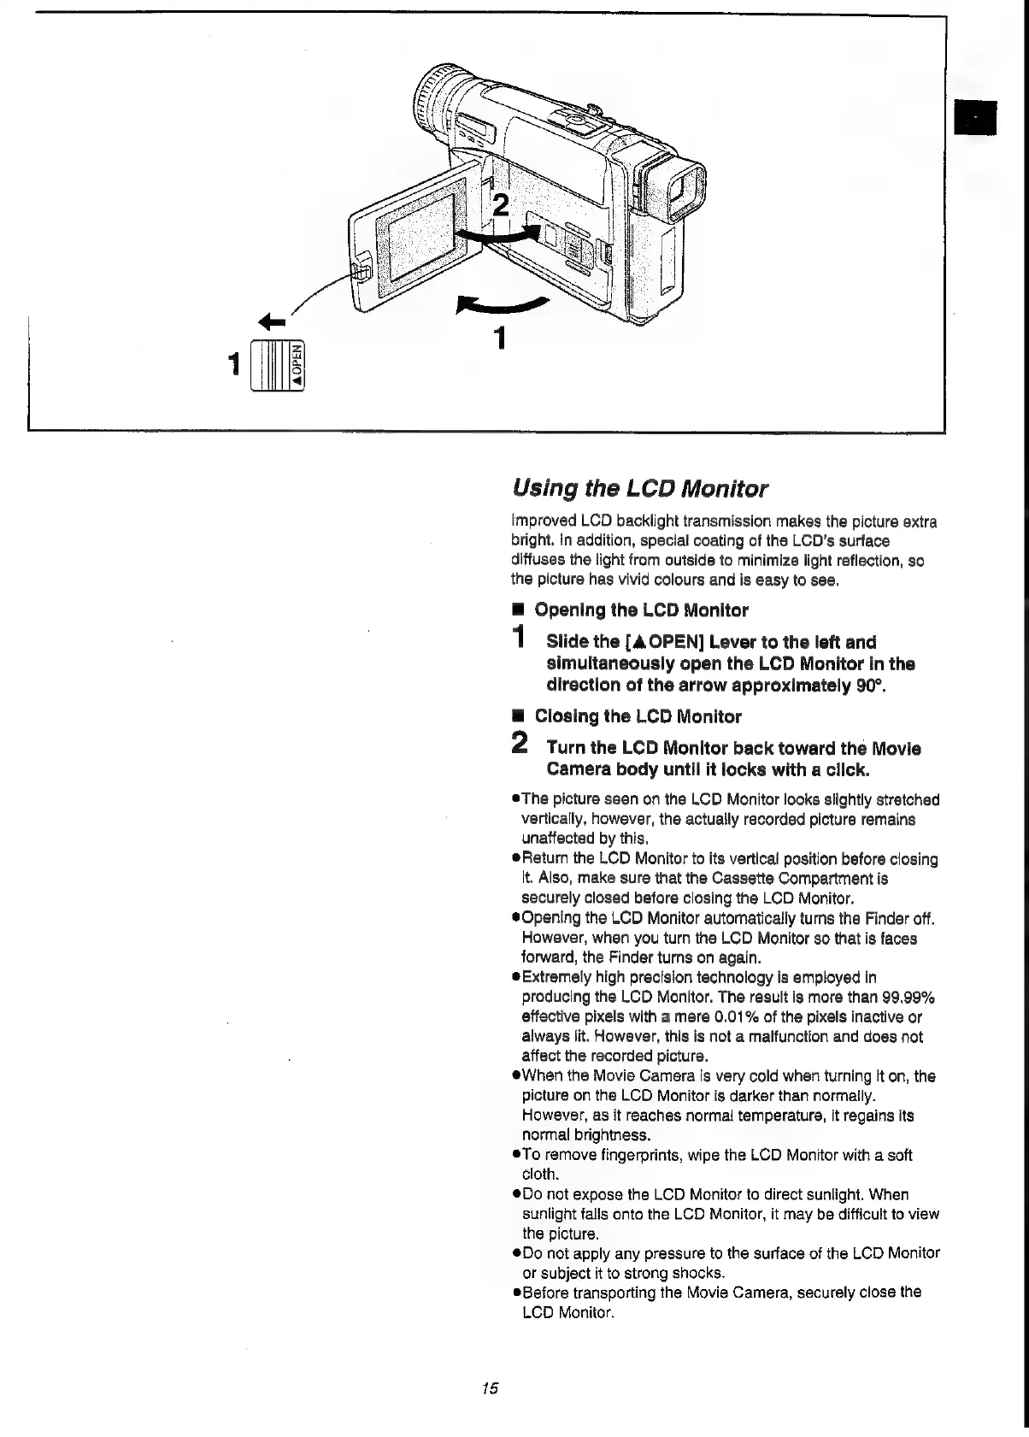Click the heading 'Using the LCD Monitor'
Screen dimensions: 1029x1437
pos(639,489)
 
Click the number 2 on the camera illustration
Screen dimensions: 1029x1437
pos(501,206)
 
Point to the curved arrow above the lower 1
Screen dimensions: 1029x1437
pos(503,304)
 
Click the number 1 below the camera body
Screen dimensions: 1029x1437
pos(501,339)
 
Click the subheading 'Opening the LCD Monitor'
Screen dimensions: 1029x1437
pos(641,610)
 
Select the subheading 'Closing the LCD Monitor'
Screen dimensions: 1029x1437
pos(638,716)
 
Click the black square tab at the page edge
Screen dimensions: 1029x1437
pos(975,117)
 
